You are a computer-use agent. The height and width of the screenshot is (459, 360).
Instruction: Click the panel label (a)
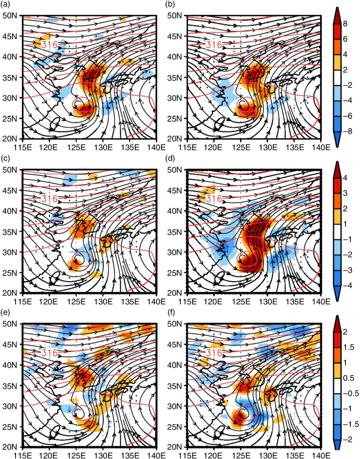coord(6,4)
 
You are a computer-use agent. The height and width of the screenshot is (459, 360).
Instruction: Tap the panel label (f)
coord(170,313)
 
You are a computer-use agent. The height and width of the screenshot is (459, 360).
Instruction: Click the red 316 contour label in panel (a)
coord(49,45)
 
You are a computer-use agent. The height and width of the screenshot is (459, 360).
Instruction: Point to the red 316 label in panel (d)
coord(214,199)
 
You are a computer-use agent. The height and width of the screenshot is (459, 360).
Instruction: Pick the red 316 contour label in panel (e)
coord(49,353)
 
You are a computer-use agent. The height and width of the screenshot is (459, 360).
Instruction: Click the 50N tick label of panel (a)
coord(10,16)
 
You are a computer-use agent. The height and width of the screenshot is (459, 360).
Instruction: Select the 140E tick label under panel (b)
coord(321,147)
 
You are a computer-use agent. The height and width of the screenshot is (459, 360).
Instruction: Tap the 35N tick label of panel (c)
coord(10,232)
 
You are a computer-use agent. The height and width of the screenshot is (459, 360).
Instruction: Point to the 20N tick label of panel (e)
coord(10,447)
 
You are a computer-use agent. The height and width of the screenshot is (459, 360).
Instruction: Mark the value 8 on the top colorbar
coord(345,24)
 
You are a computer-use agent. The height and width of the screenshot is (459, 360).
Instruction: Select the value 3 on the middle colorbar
coord(345,193)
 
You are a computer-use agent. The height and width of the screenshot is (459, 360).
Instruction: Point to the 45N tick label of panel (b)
coord(174,36)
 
